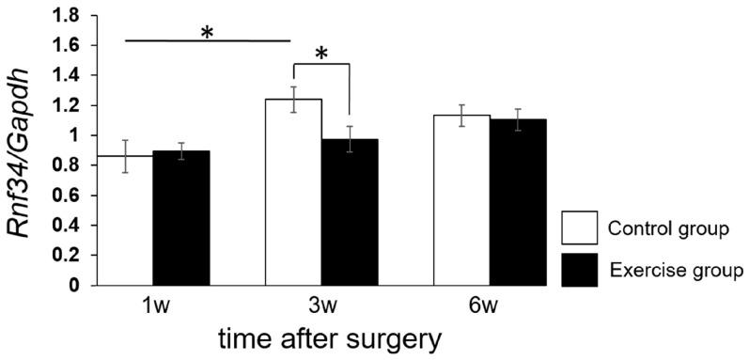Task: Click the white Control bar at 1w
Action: click(x=125, y=220)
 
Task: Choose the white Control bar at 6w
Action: click(x=461, y=199)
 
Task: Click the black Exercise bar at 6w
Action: click(x=518, y=201)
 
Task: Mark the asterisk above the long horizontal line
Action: click(x=208, y=32)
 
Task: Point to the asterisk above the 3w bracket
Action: click(x=321, y=54)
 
